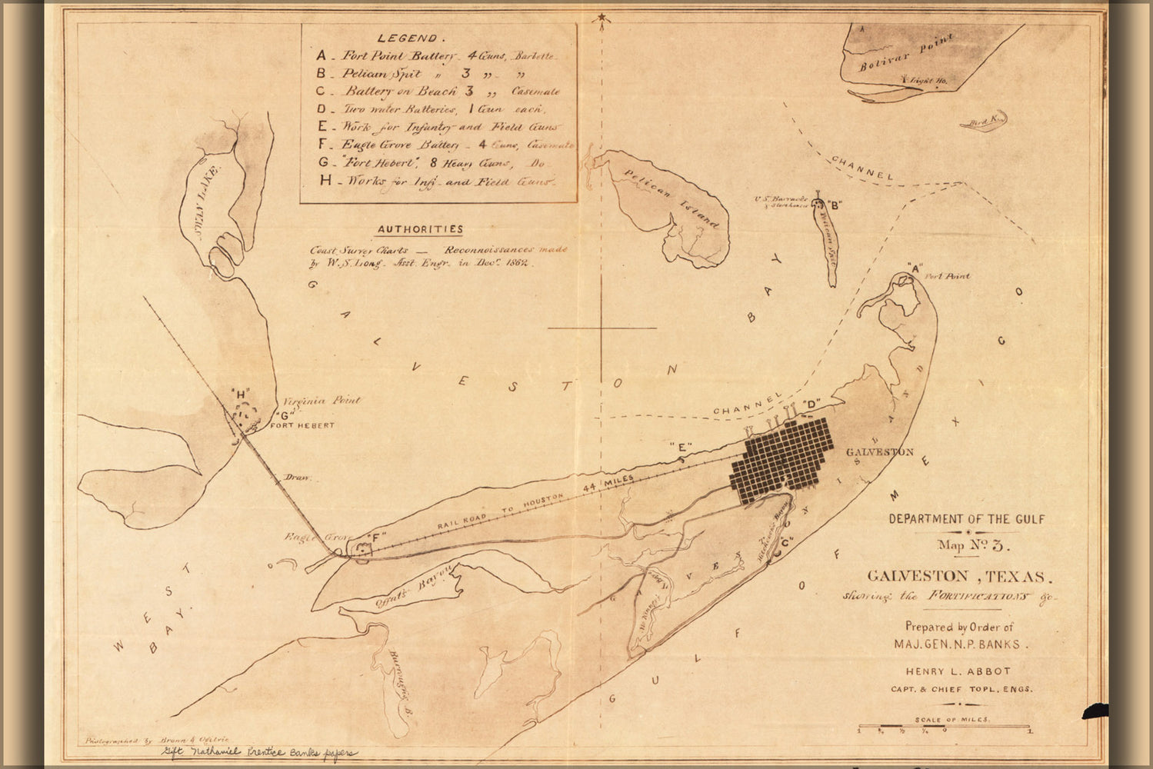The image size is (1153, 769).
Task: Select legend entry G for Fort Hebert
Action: (x=435, y=163)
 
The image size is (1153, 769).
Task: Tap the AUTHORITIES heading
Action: (x=420, y=229)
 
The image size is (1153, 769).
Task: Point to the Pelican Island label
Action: (x=677, y=199)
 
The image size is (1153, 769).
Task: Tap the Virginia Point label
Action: (x=322, y=401)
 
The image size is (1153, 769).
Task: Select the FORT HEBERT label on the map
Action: (x=305, y=425)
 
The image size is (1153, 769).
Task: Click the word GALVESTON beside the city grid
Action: (x=879, y=452)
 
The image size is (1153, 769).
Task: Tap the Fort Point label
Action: (x=948, y=276)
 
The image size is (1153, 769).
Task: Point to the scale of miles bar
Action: (x=944, y=727)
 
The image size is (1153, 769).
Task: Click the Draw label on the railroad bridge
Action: (x=297, y=478)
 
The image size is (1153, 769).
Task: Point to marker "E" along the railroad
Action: (x=681, y=447)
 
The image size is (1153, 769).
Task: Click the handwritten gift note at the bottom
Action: (x=258, y=753)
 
